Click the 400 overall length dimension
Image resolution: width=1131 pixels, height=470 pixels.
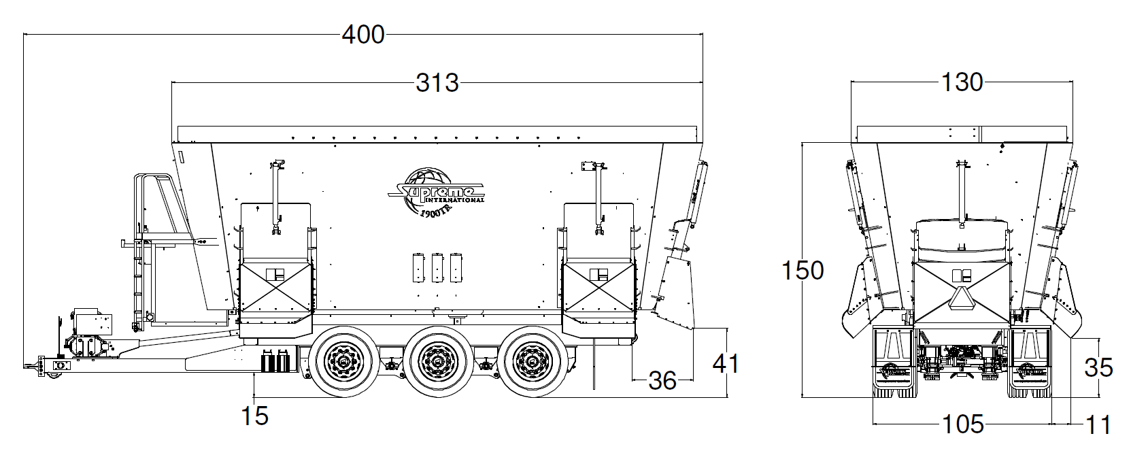click(x=363, y=35)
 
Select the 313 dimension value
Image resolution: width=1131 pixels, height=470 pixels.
click(x=437, y=83)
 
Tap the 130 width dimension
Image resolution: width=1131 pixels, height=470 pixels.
click(x=962, y=82)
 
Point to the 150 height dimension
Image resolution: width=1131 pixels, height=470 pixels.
click(x=803, y=270)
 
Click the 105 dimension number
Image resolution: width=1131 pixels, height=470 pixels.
click(x=963, y=424)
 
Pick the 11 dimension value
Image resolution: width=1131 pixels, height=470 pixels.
click(x=1098, y=425)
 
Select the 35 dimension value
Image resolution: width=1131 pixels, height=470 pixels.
click(x=1098, y=367)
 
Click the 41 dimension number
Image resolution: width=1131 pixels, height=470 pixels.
click(x=726, y=363)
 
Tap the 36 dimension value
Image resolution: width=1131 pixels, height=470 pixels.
click(x=662, y=381)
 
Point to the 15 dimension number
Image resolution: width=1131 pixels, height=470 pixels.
click(x=254, y=416)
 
